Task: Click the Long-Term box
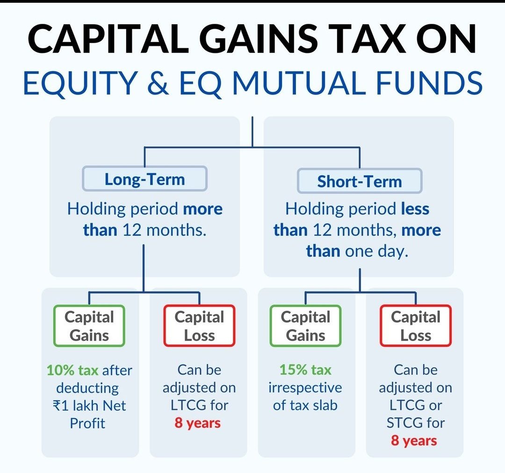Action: (x=144, y=179)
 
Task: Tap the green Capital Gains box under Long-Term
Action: (x=89, y=326)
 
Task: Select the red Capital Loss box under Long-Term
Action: (x=199, y=326)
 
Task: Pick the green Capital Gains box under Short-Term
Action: (x=305, y=326)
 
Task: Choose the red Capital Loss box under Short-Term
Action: (x=415, y=326)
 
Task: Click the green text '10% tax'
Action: (x=72, y=371)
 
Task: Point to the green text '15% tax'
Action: (x=305, y=370)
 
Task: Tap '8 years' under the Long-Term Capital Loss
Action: (x=197, y=423)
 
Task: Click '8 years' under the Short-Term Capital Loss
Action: (x=414, y=441)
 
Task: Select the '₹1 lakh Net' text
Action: (x=89, y=406)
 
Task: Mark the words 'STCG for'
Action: (x=415, y=423)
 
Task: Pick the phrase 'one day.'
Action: (x=376, y=251)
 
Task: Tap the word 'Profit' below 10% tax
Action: (x=87, y=423)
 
